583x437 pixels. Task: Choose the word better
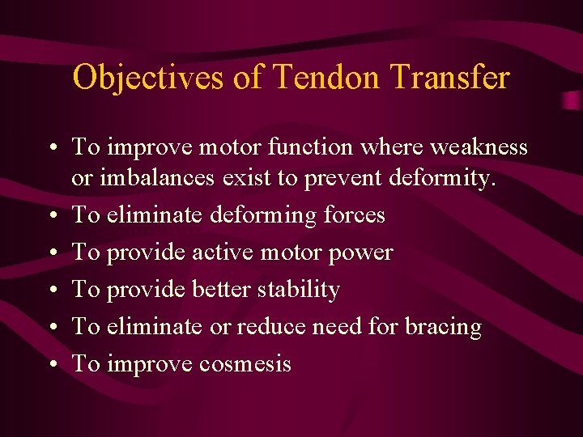pyautogui.click(x=221, y=289)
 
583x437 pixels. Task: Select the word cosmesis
pyautogui.click(x=245, y=364)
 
